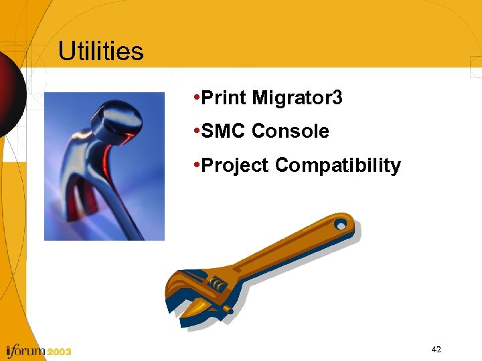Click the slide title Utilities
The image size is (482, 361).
click(100, 51)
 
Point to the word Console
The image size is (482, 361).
click(291, 132)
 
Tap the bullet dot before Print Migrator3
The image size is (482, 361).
click(194, 99)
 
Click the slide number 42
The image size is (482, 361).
click(436, 350)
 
